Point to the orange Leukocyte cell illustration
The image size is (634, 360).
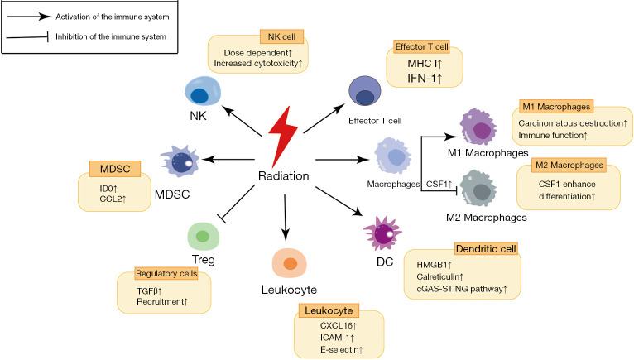290,262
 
